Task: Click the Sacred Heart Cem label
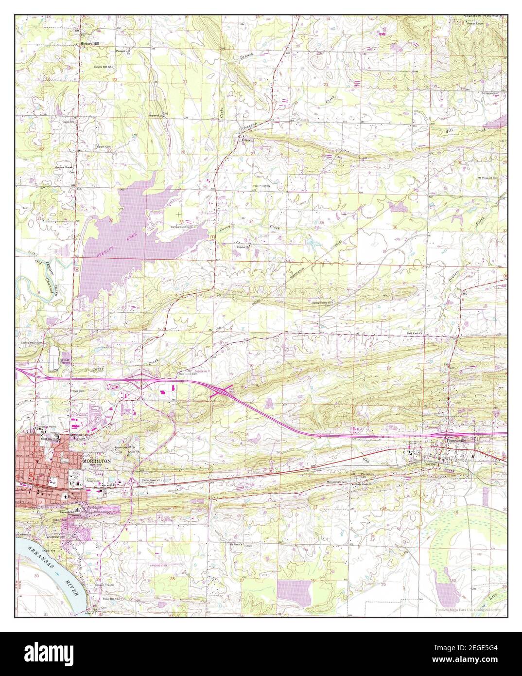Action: pyautogui.click(x=31, y=342)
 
